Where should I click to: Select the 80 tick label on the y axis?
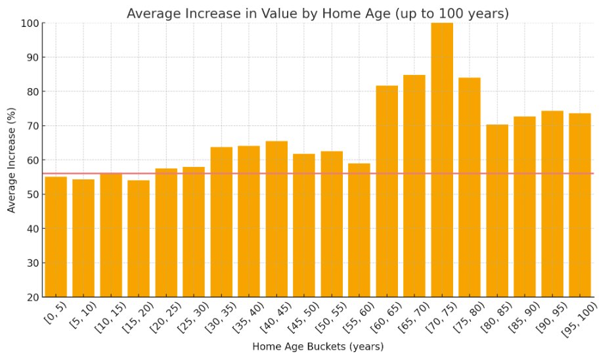(32, 92)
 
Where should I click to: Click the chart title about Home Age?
(318, 13)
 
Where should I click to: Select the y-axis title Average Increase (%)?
(12, 160)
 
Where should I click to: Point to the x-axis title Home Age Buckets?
(318, 346)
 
